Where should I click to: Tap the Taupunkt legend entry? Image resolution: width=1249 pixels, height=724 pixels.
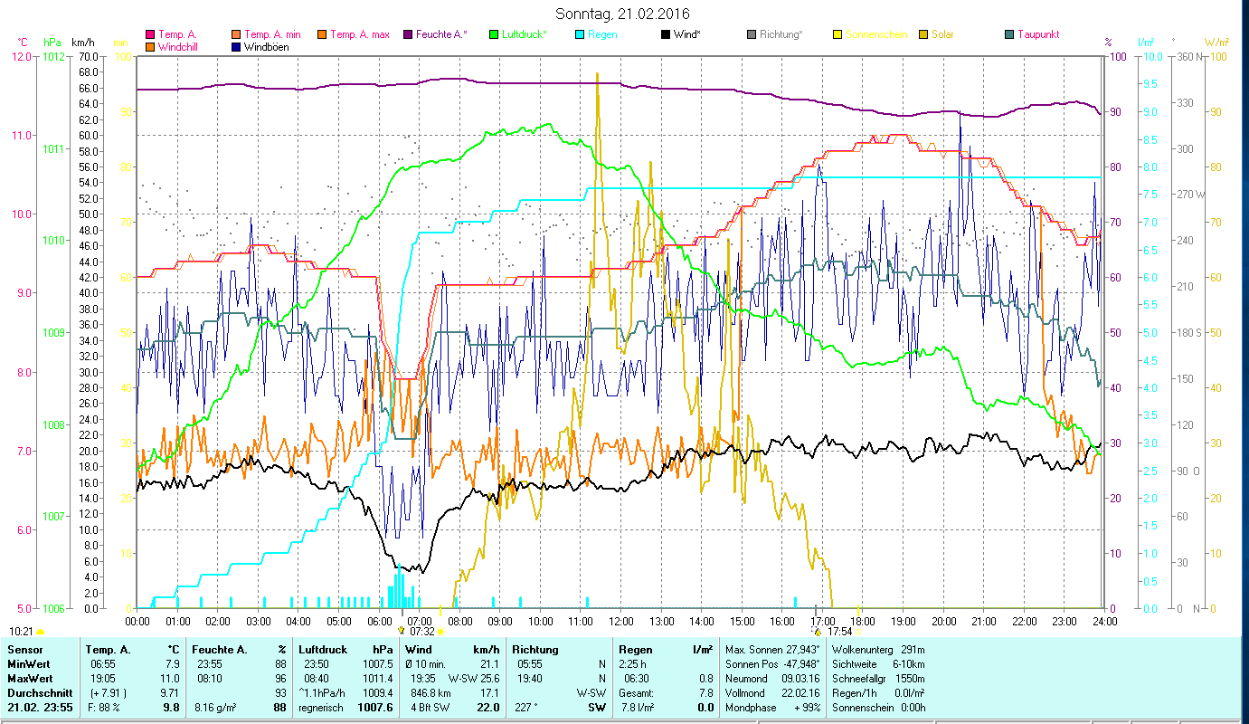coord(1037,35)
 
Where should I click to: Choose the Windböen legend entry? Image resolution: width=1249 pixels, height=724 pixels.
coord(266,47)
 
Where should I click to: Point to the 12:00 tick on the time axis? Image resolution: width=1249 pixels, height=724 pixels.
coord(621,621)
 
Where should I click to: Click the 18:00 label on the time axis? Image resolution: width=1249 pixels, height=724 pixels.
coord(863,621)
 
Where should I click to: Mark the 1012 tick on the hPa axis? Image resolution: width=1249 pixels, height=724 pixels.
coord(54,56)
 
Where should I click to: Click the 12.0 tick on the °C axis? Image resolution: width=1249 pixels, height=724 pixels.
coord(20,56)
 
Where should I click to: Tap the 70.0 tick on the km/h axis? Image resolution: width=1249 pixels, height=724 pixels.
coord(88,56)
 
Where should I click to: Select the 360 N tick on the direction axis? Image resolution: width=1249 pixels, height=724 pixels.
coord(1190,56)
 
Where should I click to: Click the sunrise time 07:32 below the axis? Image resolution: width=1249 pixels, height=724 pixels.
coord(422,632)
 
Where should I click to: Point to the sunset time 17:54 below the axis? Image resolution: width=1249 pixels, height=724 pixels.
coord(840,632)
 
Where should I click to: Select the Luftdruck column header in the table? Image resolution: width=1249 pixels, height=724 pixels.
coord(323,650)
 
